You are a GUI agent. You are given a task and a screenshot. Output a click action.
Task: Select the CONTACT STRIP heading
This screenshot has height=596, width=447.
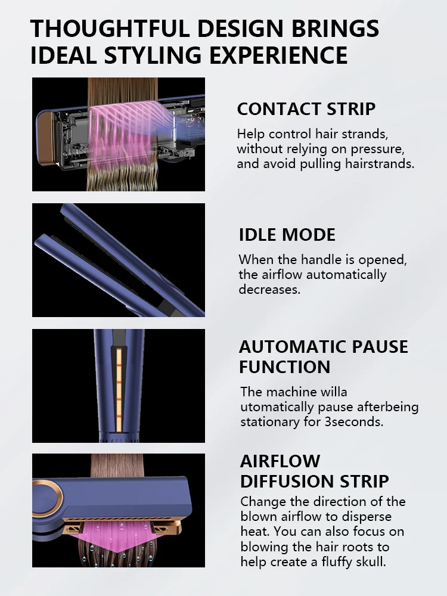coord(306,109)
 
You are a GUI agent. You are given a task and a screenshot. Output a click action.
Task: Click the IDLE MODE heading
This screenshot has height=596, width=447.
coord(287,234)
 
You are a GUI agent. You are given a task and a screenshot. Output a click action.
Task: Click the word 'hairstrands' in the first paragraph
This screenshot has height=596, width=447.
coord(379,163)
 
